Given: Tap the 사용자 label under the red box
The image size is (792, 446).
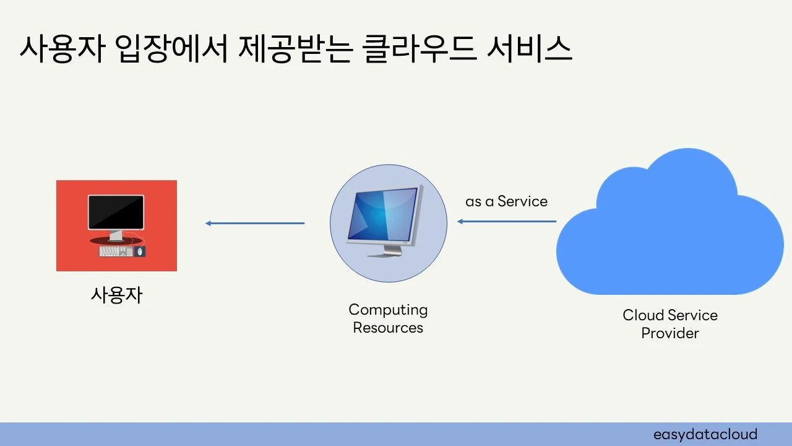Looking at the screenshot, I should (x=116, y=295).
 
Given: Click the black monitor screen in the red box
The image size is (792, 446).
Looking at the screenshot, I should (x=116, y=212).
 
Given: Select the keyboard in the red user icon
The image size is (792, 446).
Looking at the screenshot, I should (x=116, y=251).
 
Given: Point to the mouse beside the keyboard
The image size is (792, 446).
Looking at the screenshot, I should (x=140, y=251).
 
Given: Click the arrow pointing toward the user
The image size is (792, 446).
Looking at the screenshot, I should (x=254, y=223).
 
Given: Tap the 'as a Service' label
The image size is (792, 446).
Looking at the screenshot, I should (x=506, y=201).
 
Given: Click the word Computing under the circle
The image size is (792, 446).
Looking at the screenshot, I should (x=388, y=310).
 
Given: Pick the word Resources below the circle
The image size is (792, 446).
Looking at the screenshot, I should (x=388, y=328).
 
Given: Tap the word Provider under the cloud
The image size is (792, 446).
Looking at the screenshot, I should (x=670, y=333).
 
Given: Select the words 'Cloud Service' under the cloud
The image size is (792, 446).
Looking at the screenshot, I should (x=670, y=315).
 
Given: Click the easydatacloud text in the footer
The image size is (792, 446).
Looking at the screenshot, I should (x=705, y=434).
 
